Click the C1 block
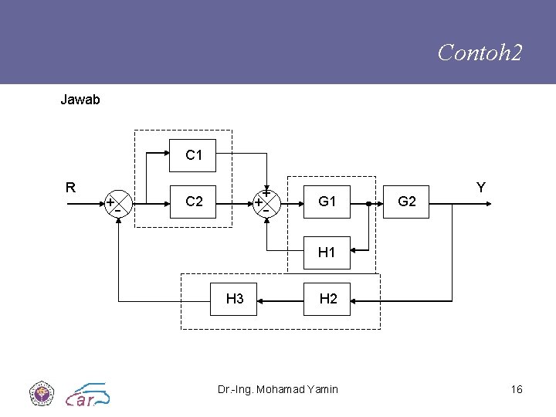tap(194, 155)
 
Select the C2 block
tap(194, 202)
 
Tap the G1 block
tap(327, 202)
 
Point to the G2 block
tap(406, 202)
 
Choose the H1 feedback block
tap(327, 253)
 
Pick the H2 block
tap(327, 299)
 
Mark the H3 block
tap(235, 299)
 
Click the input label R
tap(70, 187)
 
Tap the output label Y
tap(480, 187)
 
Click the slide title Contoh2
tap(480, 53)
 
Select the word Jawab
tap(80, 100)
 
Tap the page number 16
tap(517, 389)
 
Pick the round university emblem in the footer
tap(39, 392)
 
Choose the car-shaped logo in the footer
tap(87, 394)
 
